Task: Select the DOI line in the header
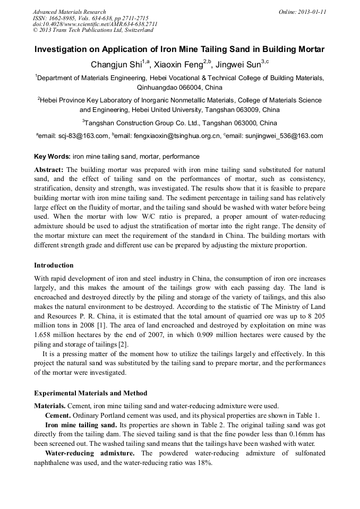(x=95, y=24)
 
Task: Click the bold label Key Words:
(x=52, y=157)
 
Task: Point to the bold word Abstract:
(x=49, y=169)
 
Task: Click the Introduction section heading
(x=54, y=265)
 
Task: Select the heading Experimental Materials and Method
(x=90, y=393)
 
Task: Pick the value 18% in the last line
(x=205, y=463)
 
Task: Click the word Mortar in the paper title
(x=308, y=50)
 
